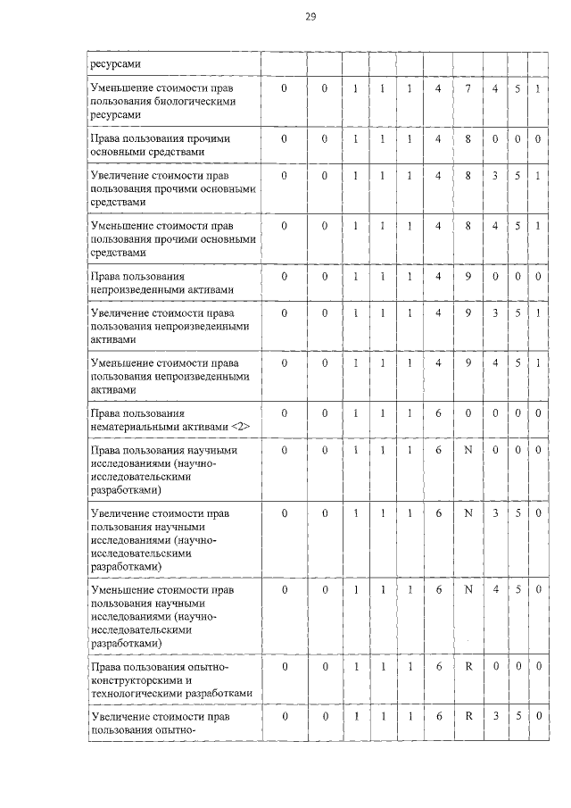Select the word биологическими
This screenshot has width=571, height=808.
point(193,103)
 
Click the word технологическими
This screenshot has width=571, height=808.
point(140,693)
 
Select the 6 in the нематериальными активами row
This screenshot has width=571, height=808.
point(438,414)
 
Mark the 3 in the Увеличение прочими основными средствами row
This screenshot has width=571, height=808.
point(494,176)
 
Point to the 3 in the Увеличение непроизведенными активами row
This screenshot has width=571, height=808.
point(494,313)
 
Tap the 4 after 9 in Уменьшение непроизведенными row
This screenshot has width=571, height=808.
point(494,364)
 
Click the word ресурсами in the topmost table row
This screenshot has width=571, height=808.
point(113,63)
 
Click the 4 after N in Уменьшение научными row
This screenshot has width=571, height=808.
point(494,590)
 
